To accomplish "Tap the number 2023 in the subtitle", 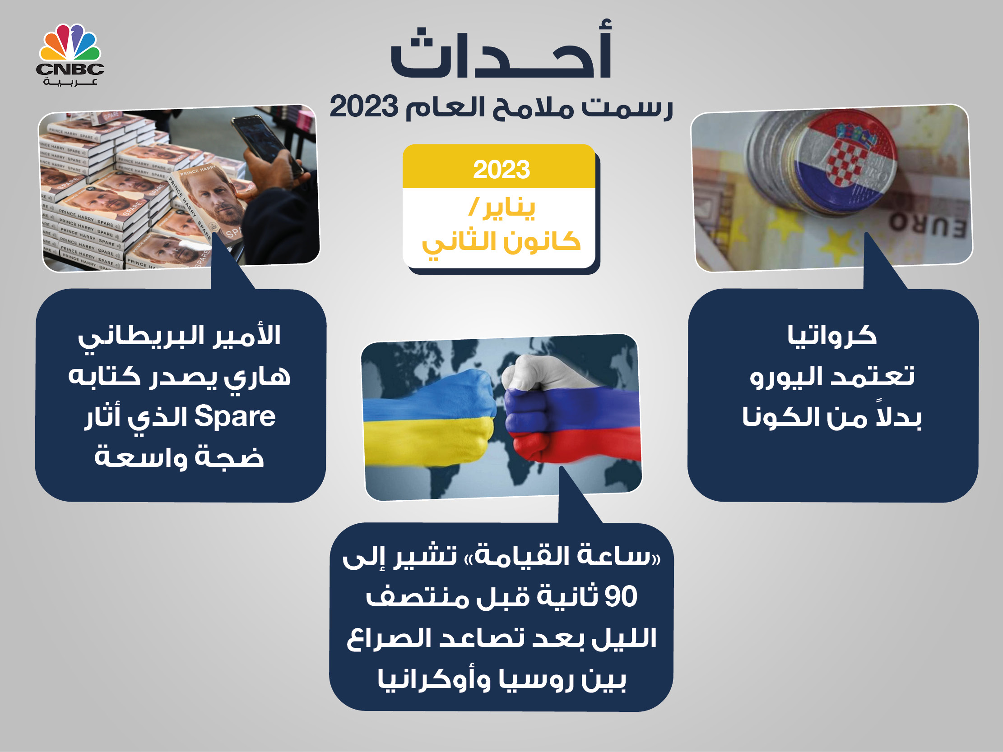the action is [364, 106].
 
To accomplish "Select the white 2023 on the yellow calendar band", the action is [501, 170].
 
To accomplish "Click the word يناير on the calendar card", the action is [509, 208].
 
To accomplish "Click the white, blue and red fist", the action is [571, 408].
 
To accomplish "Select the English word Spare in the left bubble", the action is [235, 416].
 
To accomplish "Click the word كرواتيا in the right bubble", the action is [831, 336].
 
